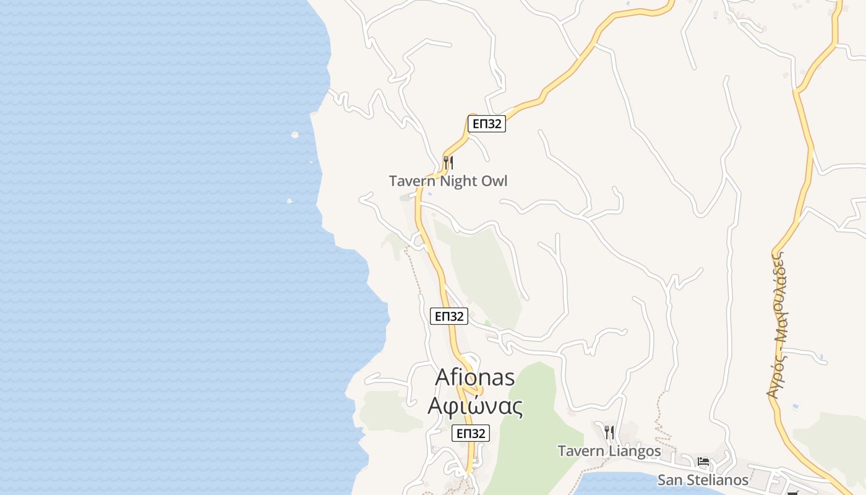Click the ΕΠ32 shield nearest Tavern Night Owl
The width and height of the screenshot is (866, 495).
click(x=487, y=124)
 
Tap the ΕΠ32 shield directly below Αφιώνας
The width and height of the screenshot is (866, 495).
click(x=471, y=433)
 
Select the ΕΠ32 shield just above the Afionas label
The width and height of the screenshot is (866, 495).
click(x=449, y=316)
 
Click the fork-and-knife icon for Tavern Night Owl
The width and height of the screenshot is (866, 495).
click(x=448, y=163)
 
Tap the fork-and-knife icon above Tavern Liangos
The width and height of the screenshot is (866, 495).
click(x=609, y=431)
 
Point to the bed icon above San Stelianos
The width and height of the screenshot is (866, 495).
click(x=703, y=461)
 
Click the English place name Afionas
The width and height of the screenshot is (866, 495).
click(x=475, y=377)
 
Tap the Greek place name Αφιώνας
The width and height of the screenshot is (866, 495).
click(x=476, y=406)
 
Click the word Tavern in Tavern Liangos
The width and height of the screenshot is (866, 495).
click(x=580, y=451)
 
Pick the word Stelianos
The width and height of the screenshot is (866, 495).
click(x=719, y=480)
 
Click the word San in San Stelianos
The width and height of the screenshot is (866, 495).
click(x=671, y=480)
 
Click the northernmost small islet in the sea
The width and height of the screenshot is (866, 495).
click(x=295, y=134)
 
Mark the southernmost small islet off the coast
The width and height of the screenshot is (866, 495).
click(x=289, y=200)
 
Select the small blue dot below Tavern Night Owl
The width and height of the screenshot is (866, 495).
click(x=430, y=194)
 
